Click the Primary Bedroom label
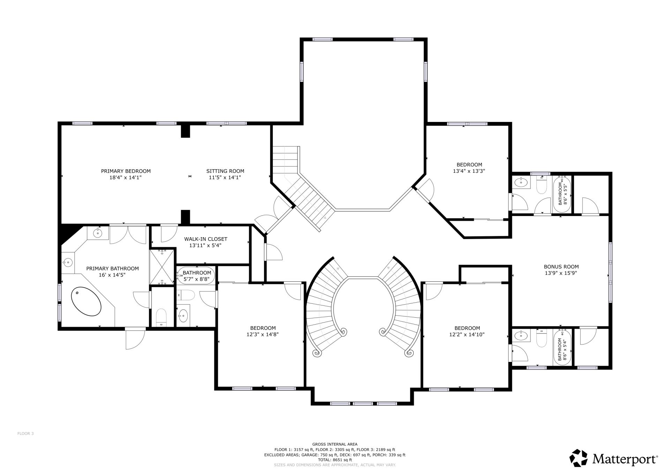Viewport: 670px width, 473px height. point(126,171)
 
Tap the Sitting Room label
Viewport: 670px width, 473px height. point(225,171)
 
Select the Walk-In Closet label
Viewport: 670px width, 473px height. point(205,239)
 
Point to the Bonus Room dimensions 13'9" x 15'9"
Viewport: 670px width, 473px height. point(561,273)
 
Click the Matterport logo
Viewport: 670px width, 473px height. point(613,459)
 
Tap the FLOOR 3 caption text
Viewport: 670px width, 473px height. point(25,434)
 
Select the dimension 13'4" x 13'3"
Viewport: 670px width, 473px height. point(469,171)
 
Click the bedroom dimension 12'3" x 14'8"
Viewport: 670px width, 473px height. point(263,334)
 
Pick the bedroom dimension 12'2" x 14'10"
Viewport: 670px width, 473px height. point(467,334)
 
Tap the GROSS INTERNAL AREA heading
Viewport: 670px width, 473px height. point(334,444)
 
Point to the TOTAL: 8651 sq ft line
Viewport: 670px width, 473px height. point(334,460)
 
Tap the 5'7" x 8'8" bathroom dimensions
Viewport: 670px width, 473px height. point(197,279)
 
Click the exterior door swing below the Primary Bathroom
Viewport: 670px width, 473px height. point(135,339)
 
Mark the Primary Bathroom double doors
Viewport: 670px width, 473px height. point(128,235)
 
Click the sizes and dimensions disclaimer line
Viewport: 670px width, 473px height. point(334,465)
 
